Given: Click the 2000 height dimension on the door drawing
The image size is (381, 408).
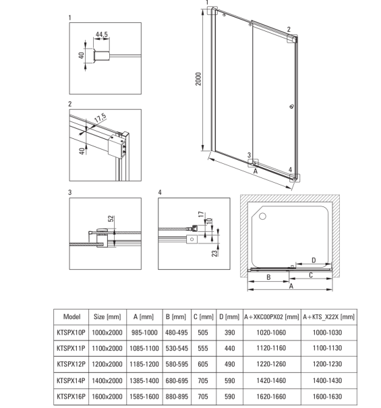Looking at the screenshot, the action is (x=198, y=79).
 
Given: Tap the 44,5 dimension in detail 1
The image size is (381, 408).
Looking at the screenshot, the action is (x=102, y=34).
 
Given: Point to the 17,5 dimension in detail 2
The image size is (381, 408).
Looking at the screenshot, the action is (x=100, y=118).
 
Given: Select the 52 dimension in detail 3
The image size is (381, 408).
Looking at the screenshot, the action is (x=111, y=218).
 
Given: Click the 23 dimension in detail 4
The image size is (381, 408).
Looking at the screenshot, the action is (x=214, y=254).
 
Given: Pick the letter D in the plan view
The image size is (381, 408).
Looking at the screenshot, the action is (x=314, y=260).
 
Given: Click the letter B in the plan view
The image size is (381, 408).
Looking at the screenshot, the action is (x=268, y=277).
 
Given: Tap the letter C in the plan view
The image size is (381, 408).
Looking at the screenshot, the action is (x=311, y=275).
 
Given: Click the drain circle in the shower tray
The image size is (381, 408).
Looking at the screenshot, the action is (x=262, y=216).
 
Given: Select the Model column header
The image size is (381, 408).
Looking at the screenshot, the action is (x=72, y=317).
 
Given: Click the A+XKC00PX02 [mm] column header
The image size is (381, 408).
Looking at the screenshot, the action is (x=272, y=317).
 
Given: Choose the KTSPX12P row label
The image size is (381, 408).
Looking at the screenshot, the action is (x=71, y=364).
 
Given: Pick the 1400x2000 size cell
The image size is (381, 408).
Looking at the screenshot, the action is (x=107, y=380).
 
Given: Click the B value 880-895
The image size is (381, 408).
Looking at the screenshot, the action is (x=177, y=397).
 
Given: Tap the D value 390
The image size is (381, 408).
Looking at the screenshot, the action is (x=229, y=332).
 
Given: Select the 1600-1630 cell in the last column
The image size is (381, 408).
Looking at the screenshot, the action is (x=327, y=397).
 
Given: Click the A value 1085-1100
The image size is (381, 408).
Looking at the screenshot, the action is (x=144, y=348).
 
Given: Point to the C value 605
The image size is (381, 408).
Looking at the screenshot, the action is (x=203, y=364).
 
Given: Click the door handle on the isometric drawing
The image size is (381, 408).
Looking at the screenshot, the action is (x=292, y=106).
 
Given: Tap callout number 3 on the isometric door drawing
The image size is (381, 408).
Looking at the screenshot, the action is (x=249, y=155).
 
